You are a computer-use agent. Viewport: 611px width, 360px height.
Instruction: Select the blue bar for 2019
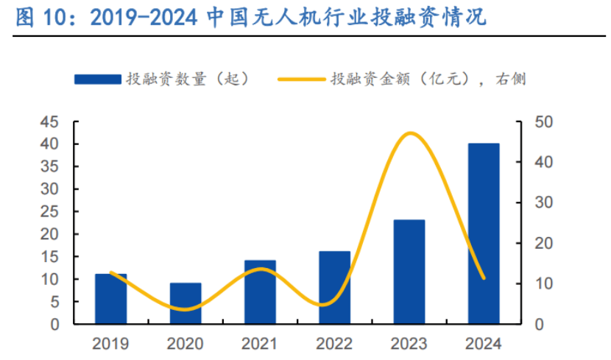tap(111, 299)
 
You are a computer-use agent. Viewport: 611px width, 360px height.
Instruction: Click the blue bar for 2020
tap(186, 303)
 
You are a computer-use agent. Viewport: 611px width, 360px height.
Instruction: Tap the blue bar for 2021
tap(260, 292)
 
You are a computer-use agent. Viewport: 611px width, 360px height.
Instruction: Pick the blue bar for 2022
tap(334, 288)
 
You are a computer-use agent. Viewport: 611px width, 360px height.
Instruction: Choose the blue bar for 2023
tap(409, 272)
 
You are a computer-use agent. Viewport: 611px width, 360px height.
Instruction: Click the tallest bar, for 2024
tap(484, 233)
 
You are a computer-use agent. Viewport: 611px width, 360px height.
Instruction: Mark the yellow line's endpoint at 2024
tap(484, 278)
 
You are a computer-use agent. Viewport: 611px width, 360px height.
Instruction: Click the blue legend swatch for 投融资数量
tap(97, 78)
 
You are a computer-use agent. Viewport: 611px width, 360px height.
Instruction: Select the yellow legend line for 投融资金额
tap(301, 78)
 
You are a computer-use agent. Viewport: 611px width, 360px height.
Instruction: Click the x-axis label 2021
tap(260, 343)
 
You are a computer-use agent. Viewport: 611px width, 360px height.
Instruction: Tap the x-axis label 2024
tap(484, 343)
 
